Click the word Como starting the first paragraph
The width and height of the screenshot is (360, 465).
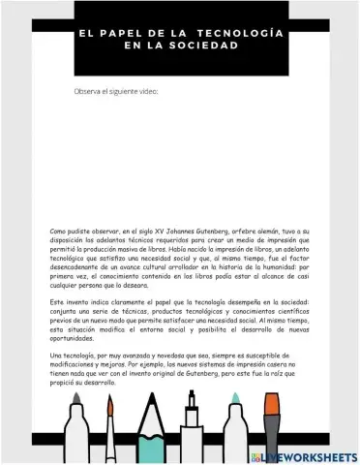tap(58, 232)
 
